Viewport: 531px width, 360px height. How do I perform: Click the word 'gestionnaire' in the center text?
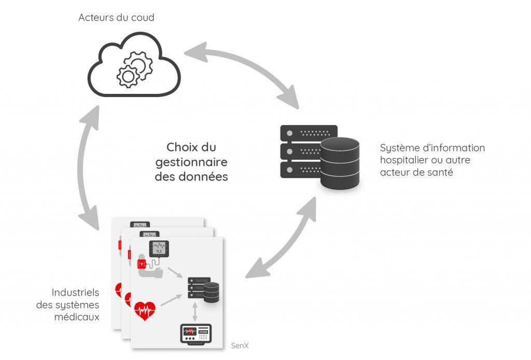point(191,162)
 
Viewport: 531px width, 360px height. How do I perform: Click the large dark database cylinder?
point(340,163)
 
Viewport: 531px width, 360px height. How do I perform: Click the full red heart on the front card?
point(145,310)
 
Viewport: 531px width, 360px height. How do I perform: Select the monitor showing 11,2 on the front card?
point(160,248)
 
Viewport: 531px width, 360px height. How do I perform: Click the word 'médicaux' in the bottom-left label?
point(77,316)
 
